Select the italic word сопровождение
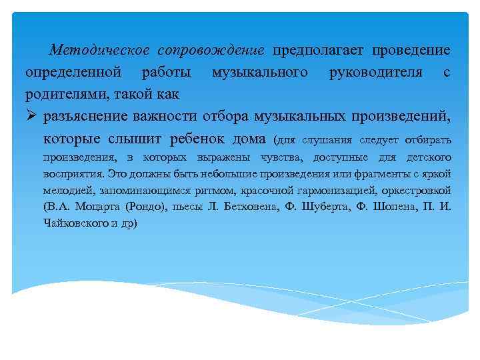pos(211,50)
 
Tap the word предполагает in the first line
pos(318,50)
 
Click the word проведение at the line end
pos(411,50)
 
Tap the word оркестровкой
pos(423,190)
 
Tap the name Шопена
pos(393,207)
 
